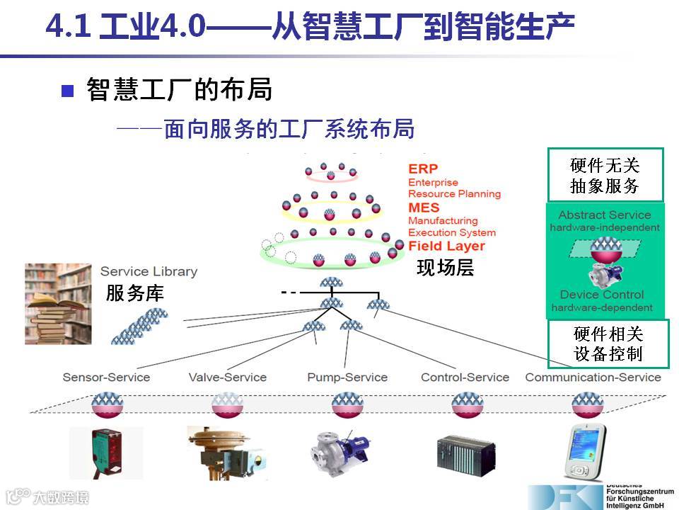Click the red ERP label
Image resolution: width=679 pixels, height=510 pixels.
pyautogui.click(x=423, y=169)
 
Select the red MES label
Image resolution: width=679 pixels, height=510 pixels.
pyautogui.click(x=424, y=208)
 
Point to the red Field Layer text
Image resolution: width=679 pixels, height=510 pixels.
pyautogui.click(x=446, y=246)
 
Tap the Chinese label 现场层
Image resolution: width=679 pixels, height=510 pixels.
pyautogui.click(x=445, y=268)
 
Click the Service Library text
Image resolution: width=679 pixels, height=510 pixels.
pyautogui.click(x=149, y=271)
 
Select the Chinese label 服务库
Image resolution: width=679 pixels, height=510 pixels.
pyautogui.click(x=135, y=293)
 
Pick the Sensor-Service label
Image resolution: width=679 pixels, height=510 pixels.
pyautogui.click(x=106, y=377)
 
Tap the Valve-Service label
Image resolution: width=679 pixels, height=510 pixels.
pyautogui.click(x=227, y=377)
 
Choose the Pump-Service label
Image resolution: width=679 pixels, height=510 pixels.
pyautogui.click(x=347, y=377)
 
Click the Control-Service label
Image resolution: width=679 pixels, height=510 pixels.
pyautogui.click(x=465, y=377)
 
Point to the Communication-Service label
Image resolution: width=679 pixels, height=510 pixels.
pyautogui.click(x=593, y=377)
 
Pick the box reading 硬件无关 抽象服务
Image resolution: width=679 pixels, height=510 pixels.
pyautogui.click(x=605, y=175)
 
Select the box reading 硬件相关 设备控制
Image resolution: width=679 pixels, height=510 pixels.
pyautogui.click(x=608, y=344)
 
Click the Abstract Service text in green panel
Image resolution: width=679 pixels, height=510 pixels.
pyautogui.click(x=605, y=215)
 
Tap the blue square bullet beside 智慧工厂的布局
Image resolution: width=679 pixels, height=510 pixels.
pyautogui.click(x=68, y=91)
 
